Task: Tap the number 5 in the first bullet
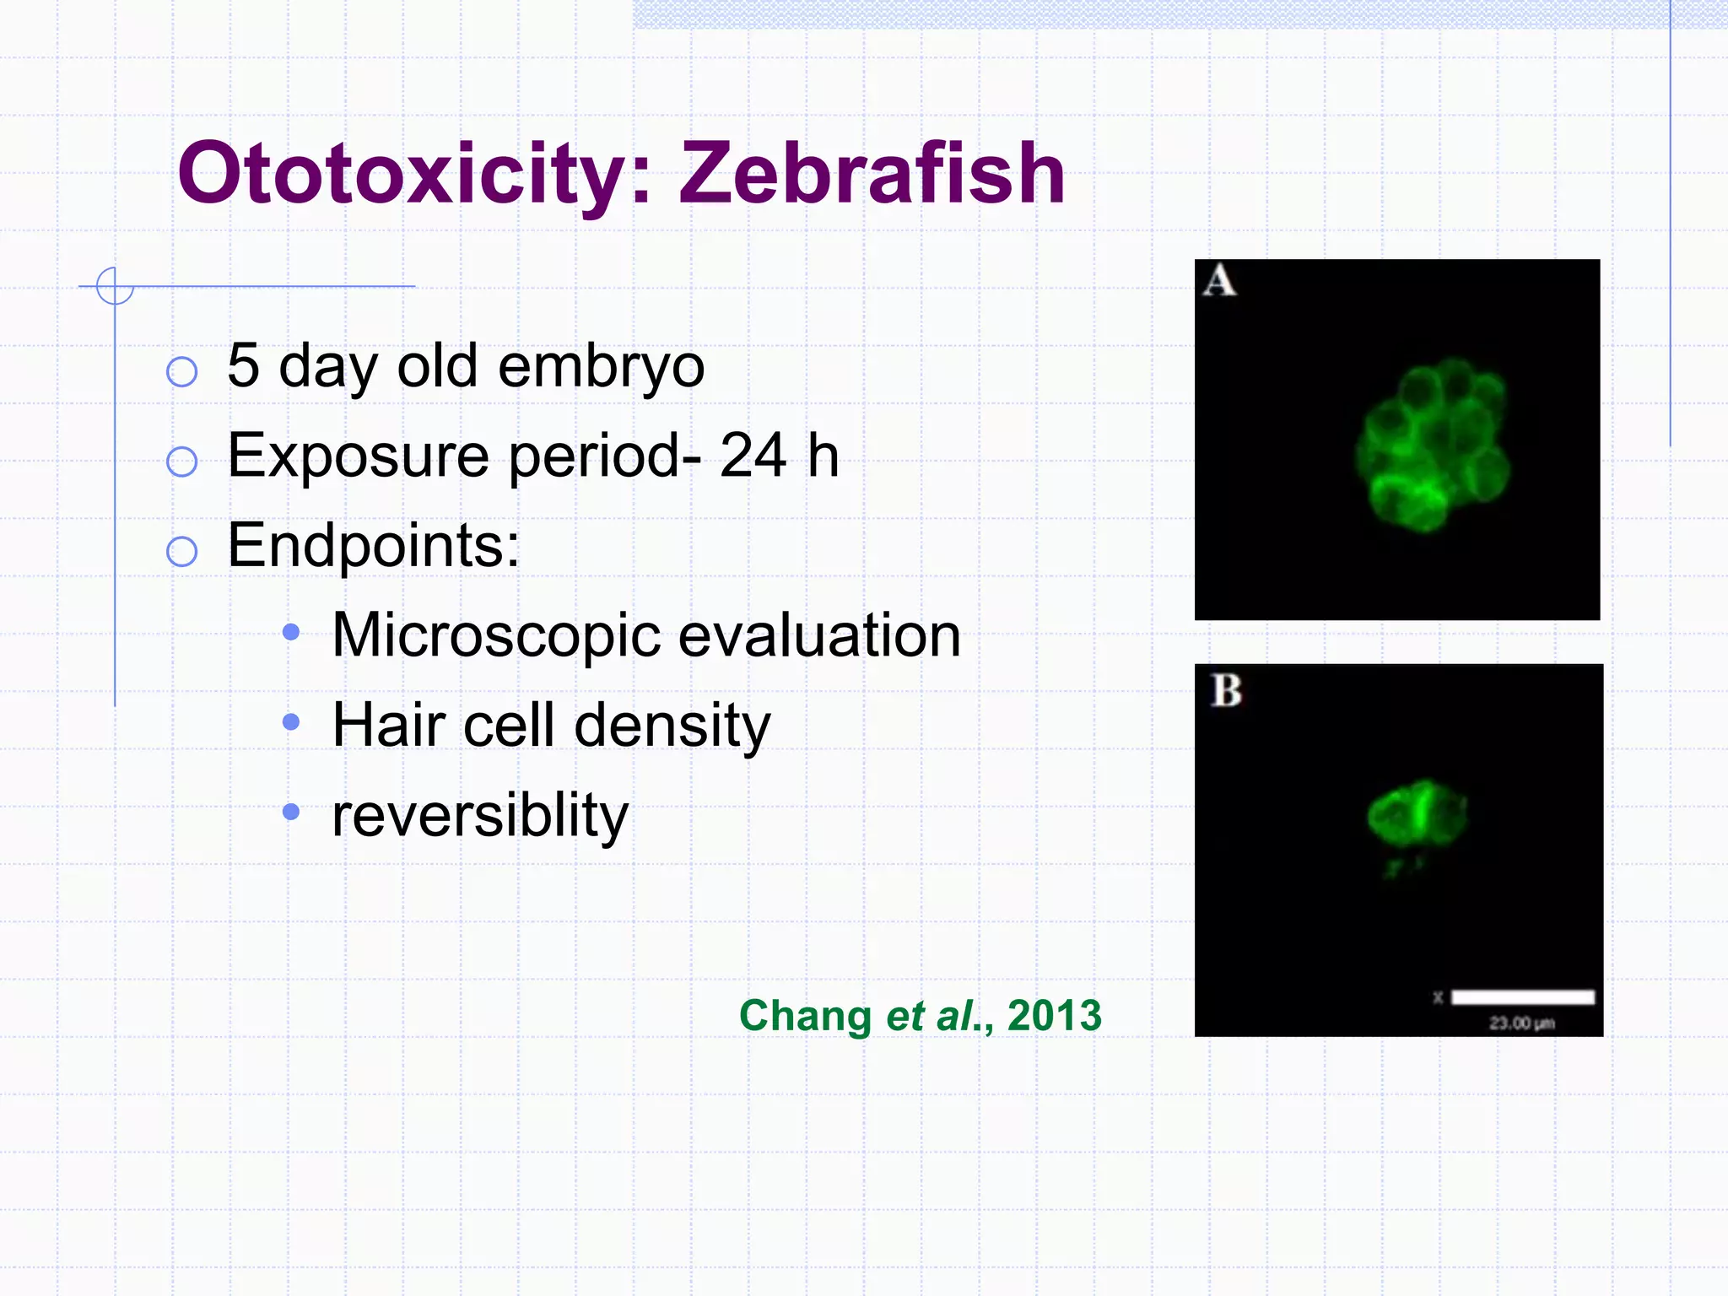[x=243, y=365]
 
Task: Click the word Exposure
[x=358, y=456]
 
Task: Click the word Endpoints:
[x=374, y=546]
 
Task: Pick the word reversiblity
[x=480, y=816]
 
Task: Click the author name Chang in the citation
[x=805, y=1016]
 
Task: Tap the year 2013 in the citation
[x=1055, y=1015]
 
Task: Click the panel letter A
[x=1220, y=282]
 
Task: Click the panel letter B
[x=1226, y=690]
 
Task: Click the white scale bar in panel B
[x=1522, y=997]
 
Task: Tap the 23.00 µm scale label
[x=1521, y=1023]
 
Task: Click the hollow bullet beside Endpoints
[x=182, y=552]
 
